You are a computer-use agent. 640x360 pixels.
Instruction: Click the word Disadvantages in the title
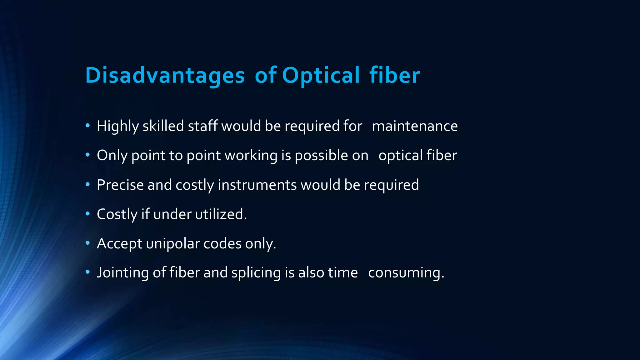coord(165,75)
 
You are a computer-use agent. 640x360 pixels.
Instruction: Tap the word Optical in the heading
coord(321,75)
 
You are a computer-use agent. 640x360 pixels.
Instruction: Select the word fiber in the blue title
coord(394,75)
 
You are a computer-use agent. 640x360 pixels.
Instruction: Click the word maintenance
coord(415,126)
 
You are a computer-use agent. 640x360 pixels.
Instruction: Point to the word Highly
coord(118,126)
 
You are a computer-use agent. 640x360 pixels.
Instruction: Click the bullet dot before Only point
coord(87,155)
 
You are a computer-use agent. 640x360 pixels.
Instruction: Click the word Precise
coord(120,185)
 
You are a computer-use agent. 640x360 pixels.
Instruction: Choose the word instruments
coord(257,185)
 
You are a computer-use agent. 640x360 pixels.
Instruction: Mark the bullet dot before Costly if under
coord(87,214)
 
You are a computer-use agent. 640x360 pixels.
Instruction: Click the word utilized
coord(221,214)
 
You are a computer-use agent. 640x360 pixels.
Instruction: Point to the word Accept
coord(119,244)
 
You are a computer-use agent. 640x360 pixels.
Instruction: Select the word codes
coord(222,244)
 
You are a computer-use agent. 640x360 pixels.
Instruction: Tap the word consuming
coord(406,273)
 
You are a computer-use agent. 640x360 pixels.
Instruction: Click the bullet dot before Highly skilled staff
coord(87,126)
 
